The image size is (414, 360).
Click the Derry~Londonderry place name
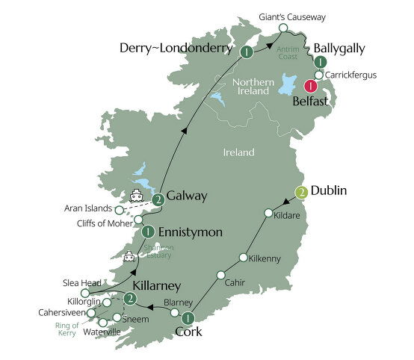[x=177, y=49]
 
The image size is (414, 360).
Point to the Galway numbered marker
[x=158, y=199]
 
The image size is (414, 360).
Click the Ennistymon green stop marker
[x=148, y=232]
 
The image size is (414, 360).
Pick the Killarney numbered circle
[x=130, y=300]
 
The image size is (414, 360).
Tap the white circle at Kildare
[x=268, y=214]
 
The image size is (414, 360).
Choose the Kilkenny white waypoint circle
[x=243, y=258]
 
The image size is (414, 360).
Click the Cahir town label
[x=235, y=282]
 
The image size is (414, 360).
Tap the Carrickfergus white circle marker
[x=319, y=75]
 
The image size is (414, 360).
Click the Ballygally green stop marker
[x=320, y=62]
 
